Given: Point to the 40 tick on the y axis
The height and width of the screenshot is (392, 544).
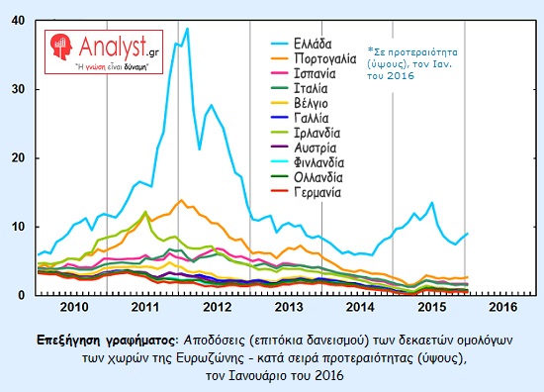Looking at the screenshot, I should pyautogui.click(x=20, y=21).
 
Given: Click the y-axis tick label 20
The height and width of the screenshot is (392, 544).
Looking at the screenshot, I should pyautogui.click(x=20, y=157).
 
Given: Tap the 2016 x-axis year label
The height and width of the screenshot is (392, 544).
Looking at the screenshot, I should pyautogui.click(x=500, y=307).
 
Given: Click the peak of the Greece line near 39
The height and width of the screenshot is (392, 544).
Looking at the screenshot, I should pyautogui.click(x=187, y=29).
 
